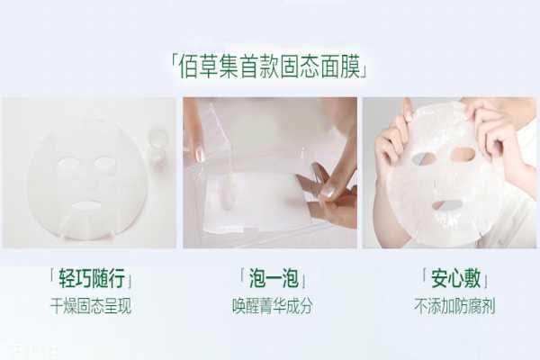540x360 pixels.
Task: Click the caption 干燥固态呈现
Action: [x=90, y=306]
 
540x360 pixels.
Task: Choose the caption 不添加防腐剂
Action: [x=449, y=306]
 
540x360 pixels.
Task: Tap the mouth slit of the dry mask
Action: [x=85, y=206]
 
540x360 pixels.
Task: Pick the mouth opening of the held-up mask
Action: [x=446, y=203]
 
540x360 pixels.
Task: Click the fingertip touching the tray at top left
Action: [x=200, y=153]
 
